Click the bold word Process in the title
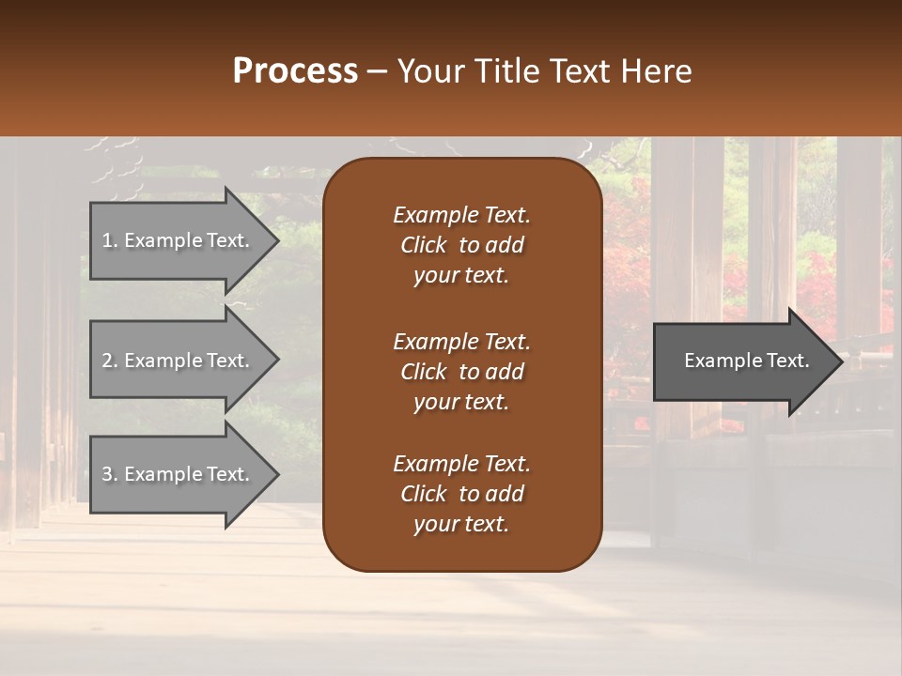point(295,71)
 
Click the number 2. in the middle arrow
point(110,361)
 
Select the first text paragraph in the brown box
point(461,245)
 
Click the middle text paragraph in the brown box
point(461,372)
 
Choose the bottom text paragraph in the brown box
point(461,494)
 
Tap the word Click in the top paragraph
point(424,245)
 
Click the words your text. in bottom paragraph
point(461,525)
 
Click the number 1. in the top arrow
point(110,240)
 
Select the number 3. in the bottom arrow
point(110,474)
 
